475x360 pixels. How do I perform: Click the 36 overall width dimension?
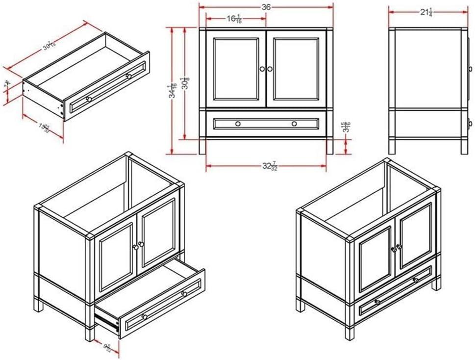pyautogui.click(x=266, y=7)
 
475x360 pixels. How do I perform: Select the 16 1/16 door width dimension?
pyautogui.click(x=234, y=19)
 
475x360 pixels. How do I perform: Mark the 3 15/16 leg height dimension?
pyautogui.click(x=346, y=127)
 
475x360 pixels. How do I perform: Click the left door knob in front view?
pyautogui.click(x=262, y=69)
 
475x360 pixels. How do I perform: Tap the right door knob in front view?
pyautogui.click(x=270, y=69)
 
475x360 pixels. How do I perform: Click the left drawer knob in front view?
pyautogui.click(x=238, y=124)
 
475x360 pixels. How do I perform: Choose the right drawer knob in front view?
pyautogui.click(x=294, y=124)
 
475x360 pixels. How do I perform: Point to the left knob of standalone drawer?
pyautogui.click(x=89, y=100)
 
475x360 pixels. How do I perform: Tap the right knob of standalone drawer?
pyautogui.click(x=128, y=76)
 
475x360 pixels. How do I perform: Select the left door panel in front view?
pyautogui.click(x=236, y=69)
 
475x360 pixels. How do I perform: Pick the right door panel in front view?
pyautogui.click(x=296, y=69)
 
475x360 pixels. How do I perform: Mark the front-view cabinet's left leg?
pyautogui.click(x=202, y=146)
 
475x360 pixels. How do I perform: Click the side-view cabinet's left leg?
pyautogui.click(x=392, y=146)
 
